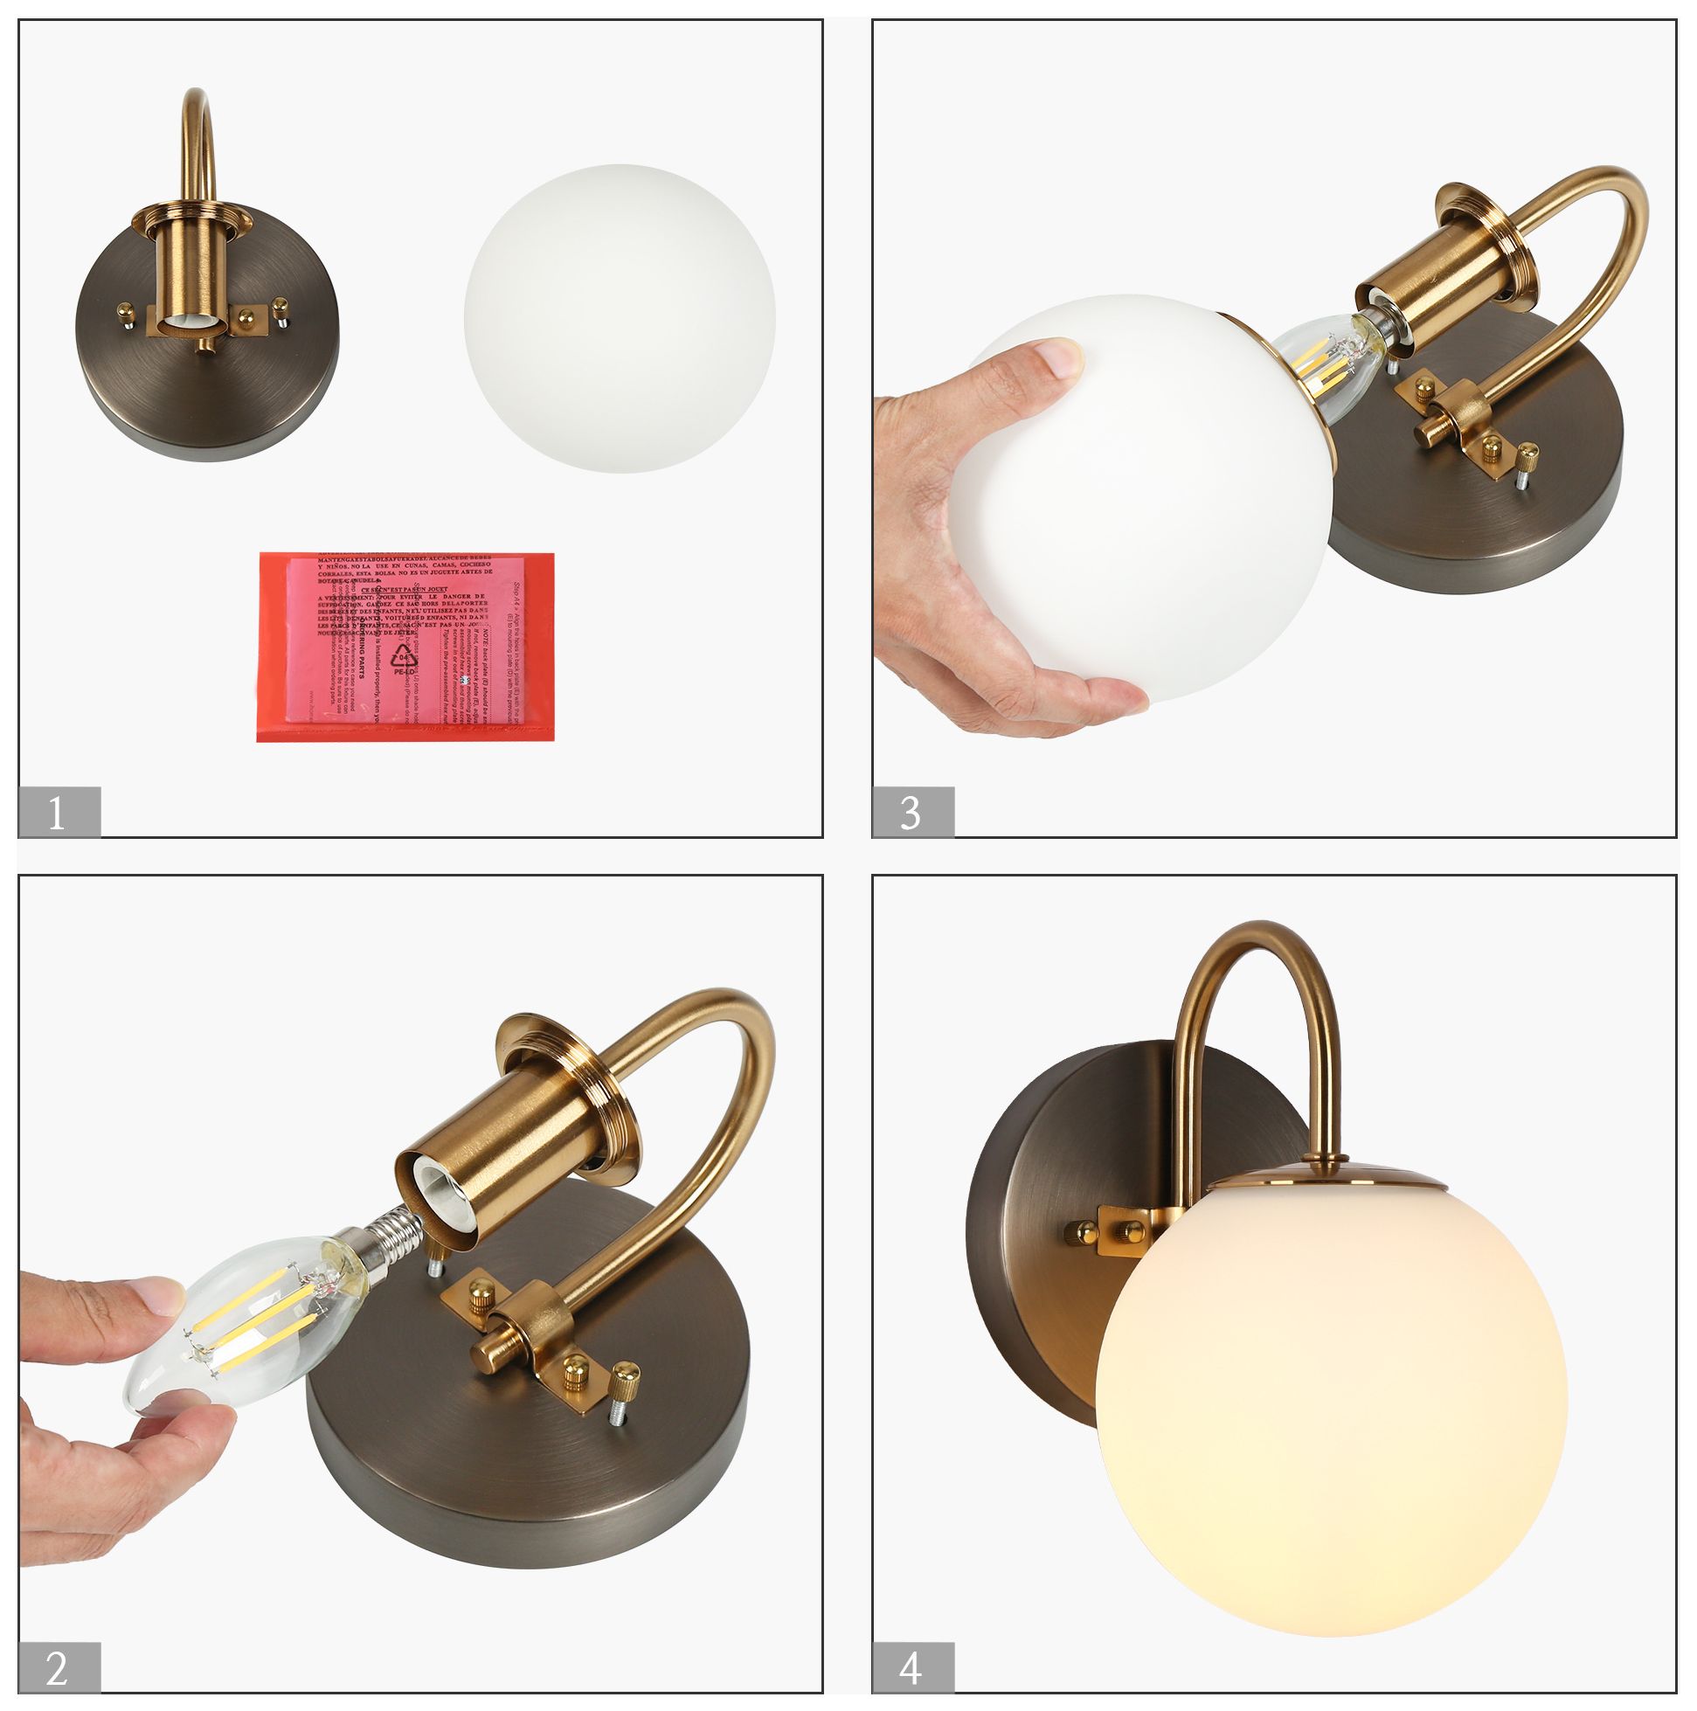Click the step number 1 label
59,812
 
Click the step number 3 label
912,812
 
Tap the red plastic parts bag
405,647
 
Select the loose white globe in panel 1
619,319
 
